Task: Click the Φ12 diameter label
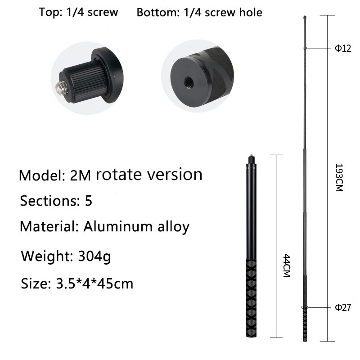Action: (x=343, y=48)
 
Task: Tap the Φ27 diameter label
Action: (x=343, y=307)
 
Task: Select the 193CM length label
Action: (x=339, y=177)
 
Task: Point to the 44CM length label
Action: (x=287, y=265)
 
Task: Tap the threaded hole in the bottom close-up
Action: (x=189, y=81)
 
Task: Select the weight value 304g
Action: (x=94, y=256)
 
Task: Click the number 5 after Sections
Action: (x=88, y=200)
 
